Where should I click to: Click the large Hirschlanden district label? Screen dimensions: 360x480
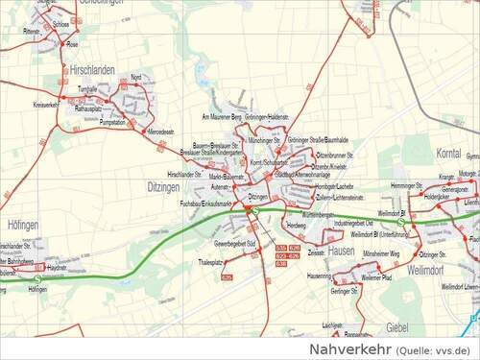(x=92, y=70)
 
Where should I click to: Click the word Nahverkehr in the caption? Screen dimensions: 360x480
(x=347, y=348)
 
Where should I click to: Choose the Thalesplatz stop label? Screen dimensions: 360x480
(x=210, y=261)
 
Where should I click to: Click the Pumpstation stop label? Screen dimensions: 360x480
(x=112, y=123)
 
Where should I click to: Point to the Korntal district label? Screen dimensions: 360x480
(x=448, y=153)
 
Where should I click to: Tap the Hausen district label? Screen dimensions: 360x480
(x=341, y=250)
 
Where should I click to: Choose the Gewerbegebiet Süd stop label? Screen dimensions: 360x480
(x=234, y=244)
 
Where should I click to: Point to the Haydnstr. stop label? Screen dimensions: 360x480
(x=57, y=267)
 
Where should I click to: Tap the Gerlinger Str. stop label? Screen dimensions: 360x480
(x=344, y=290)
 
